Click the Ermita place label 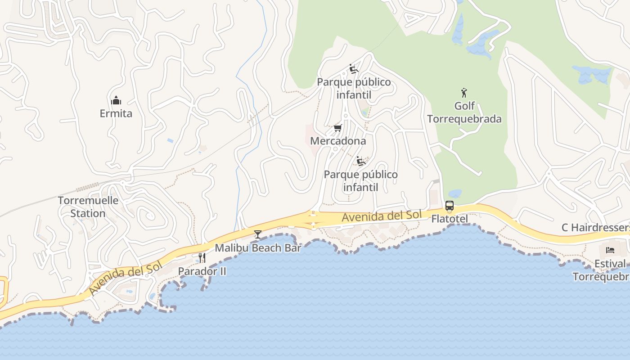point(116,113)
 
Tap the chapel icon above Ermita point(116,100)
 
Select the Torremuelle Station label point(88,207)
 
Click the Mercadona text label point(338,141)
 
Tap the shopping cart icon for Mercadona point(338,128)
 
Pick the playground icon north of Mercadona point(354,69)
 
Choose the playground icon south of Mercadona point(360,161)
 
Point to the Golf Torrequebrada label point(464,112)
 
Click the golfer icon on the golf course point(464,93)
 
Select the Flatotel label point(450,219)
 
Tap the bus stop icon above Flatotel point(450,206)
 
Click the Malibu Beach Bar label point(258,248)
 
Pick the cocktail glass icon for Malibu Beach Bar point(258,234)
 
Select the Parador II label point(202,271)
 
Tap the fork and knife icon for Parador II point(202,258)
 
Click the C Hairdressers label point(595,228)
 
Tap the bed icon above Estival point(610,250)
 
